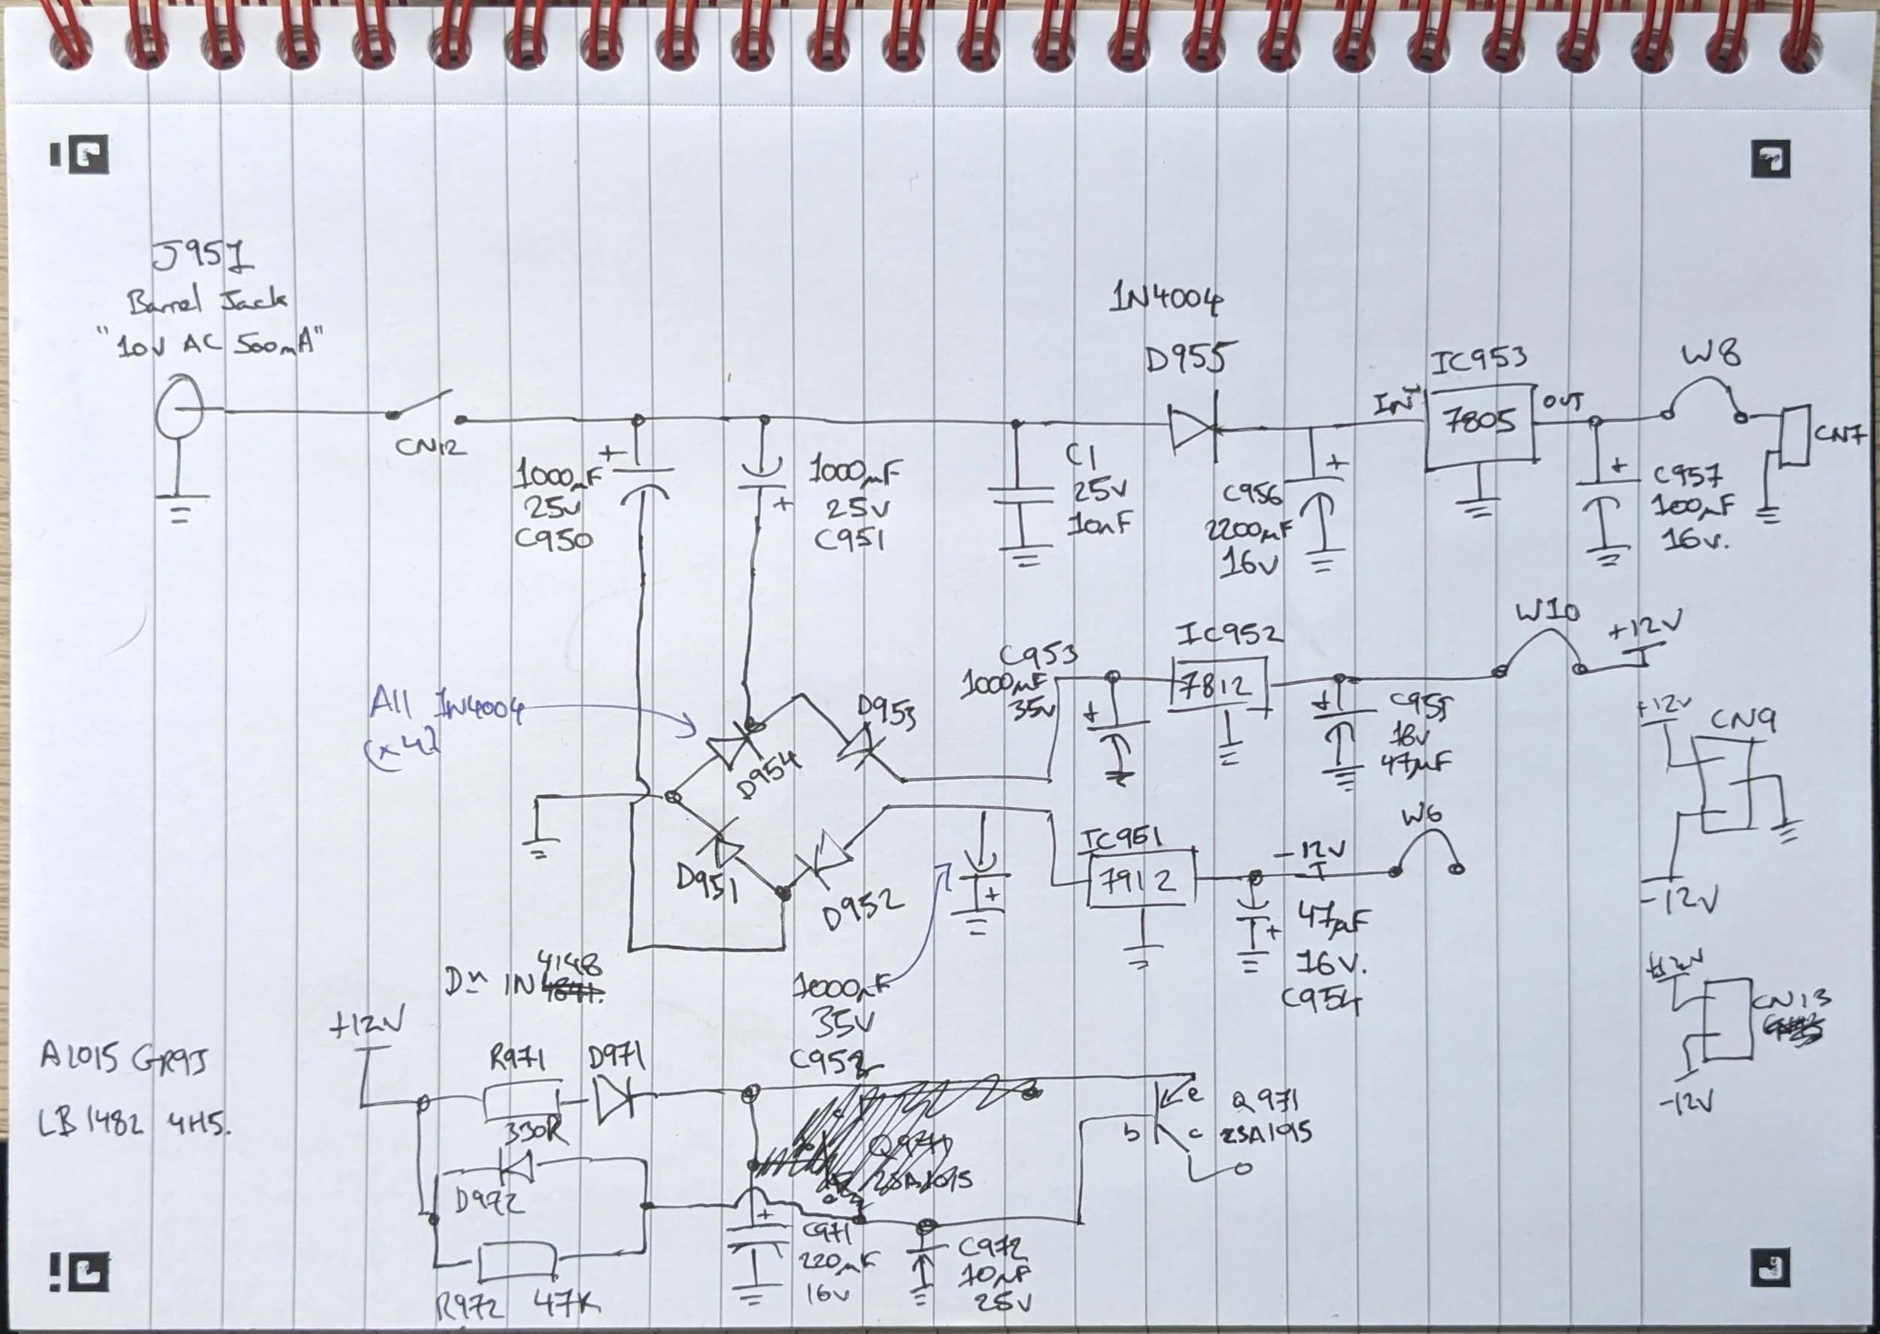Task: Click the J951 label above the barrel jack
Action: [203, 257]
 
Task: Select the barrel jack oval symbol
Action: [180, 408]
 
